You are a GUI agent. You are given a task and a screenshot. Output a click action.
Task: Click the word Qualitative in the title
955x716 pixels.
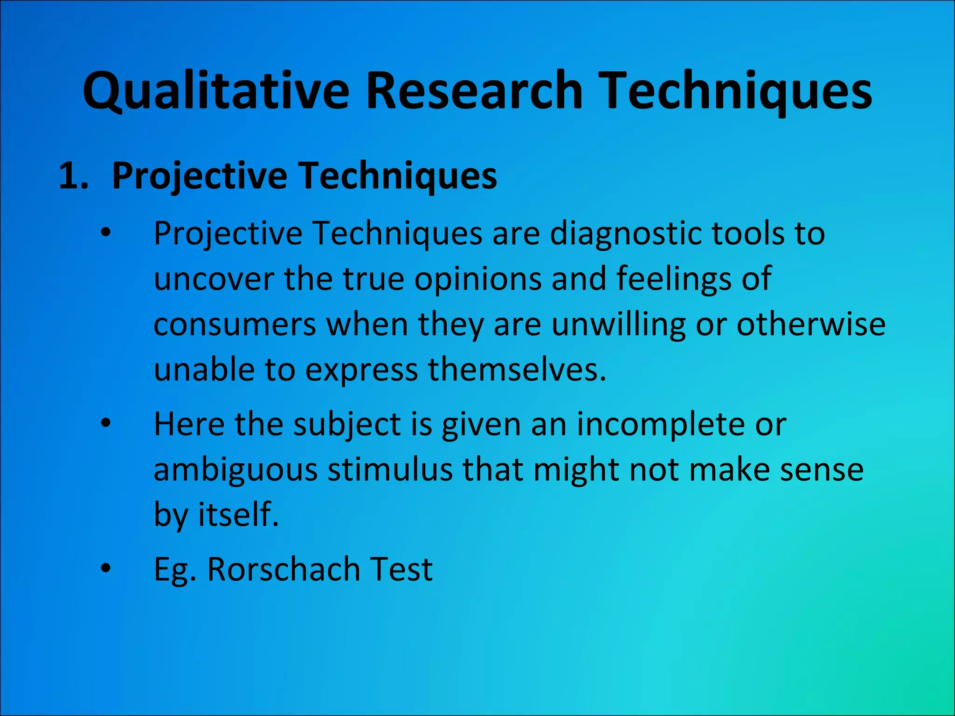pos(216,91)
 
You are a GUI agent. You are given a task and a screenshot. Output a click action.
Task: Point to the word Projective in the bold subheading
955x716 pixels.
pos(200,176)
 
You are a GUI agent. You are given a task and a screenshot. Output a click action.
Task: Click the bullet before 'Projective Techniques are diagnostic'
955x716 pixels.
pos(106,233)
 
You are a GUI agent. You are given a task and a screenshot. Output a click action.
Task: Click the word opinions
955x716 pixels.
pos(477,279)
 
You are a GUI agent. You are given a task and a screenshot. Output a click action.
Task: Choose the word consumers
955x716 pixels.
pos(235,324)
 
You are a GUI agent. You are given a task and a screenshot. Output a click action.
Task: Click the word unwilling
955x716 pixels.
pos(618,324)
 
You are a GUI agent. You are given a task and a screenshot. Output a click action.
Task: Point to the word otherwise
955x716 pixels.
pos(811,324)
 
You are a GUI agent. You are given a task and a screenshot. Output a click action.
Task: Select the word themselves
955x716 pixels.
pos(517,370)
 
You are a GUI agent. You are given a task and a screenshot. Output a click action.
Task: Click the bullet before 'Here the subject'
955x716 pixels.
pos(106,424)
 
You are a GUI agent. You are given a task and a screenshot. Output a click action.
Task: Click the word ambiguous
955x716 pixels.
pos(235,470)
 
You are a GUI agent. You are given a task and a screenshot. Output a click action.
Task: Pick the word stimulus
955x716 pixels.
pos(390,470)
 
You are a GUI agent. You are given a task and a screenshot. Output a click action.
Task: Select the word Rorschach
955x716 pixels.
pos(284,569)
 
